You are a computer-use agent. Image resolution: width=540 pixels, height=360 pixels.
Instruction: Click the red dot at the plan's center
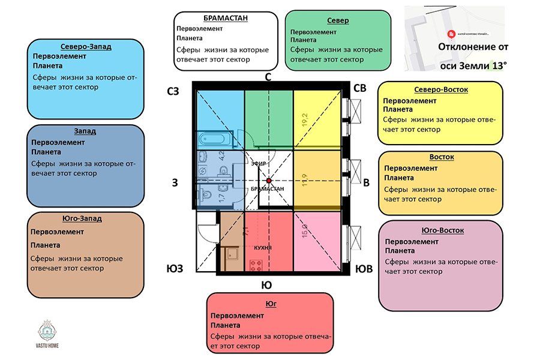point(269,180)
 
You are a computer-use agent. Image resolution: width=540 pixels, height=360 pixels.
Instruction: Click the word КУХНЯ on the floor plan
point(263,247)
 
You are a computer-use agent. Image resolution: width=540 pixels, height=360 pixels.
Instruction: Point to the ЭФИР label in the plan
point(258,163)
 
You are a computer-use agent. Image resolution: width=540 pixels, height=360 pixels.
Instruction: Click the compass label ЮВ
point(364,269)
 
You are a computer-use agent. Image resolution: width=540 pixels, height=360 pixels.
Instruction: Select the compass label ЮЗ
point(174,268)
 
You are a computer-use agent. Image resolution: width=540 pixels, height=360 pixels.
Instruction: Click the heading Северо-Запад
point(86,46)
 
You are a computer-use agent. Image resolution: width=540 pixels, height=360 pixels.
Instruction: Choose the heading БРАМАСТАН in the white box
point(226,18)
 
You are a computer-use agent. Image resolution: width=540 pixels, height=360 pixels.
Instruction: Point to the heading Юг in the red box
point(270,304)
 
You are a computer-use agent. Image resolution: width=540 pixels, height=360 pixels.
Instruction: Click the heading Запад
point(85,131)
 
